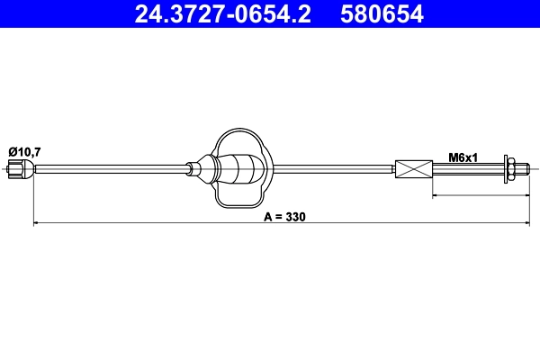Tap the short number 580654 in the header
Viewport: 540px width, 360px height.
click(x=381, y=14)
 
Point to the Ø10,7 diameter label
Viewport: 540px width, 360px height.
click(x=23, y=151)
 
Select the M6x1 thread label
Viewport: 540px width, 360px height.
click(x=463, y=157)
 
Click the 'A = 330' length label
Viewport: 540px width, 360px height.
click(x=285, y=217)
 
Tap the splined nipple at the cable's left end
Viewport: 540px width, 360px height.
click(x=19, y=168)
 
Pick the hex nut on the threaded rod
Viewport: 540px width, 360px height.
click(x=511, y=168)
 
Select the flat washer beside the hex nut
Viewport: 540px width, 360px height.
click(x=503, y=168)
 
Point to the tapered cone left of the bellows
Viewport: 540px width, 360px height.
click(x=197, y=167)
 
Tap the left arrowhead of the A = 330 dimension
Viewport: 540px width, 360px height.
click(x=37, y=221)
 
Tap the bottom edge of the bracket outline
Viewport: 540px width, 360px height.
click(x=239, y=204)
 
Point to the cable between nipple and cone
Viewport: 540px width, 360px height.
click(x=108, y=168)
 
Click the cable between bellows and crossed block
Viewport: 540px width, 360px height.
click(x=333, y=168)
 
